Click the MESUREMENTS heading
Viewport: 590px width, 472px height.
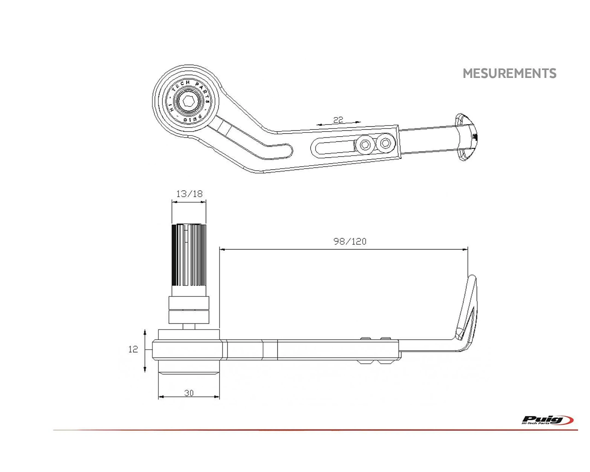coord(509,73)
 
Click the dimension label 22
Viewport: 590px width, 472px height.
coord(338,120)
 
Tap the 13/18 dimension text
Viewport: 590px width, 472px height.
coord(189,194)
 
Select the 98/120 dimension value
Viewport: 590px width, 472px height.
coord(350,241)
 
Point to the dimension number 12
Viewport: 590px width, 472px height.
coord(133,349)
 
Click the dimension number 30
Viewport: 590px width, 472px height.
coord(189,393)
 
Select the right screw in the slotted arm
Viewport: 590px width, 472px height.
coord(385,143)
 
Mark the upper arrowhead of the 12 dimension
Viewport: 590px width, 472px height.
coord(145,332)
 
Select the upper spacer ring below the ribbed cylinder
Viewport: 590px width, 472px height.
coord(189,303)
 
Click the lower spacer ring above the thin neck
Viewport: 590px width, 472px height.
coord(189,317)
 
